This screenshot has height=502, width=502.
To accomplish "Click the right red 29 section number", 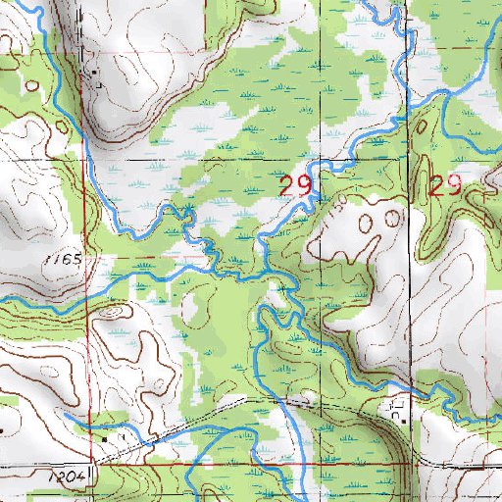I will [x=444, y=186].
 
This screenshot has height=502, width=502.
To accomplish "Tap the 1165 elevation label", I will [x=61, y=261].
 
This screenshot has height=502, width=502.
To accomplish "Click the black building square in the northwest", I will [x=94, y=73].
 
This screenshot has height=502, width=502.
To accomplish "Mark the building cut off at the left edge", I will [x=2, y=428].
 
